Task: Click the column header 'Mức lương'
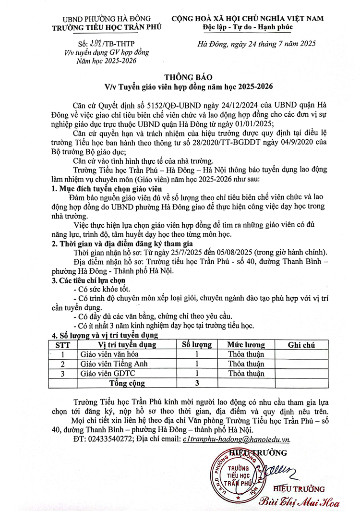tap(246, 344)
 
